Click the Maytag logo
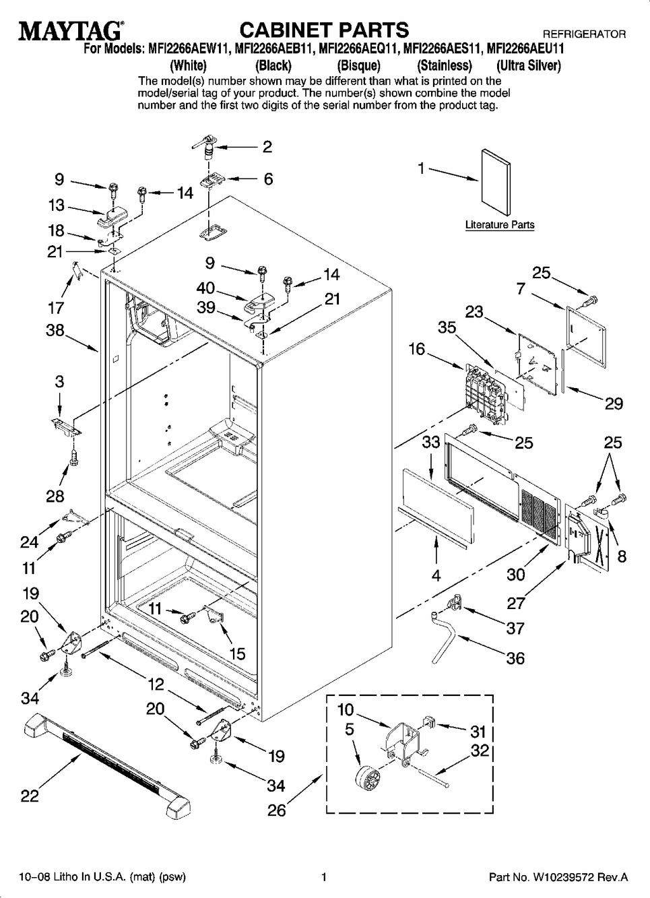point(70,30)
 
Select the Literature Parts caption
point(499,225)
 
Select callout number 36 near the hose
point(515,658)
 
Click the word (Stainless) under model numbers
point(444,66)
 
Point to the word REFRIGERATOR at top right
point(583,34)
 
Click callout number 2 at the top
point(267,147)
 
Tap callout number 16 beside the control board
point(417,349)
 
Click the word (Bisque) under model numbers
point(358,66)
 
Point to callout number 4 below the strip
point(436,576)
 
